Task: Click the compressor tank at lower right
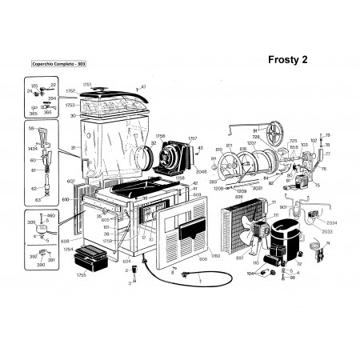(284, 238)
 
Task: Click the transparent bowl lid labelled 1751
(115, 99)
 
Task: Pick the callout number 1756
(161, 136)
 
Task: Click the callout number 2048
(201, 170)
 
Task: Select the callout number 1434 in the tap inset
(34, 149)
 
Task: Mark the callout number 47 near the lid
(143, 86)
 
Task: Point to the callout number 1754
(69, 250)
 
